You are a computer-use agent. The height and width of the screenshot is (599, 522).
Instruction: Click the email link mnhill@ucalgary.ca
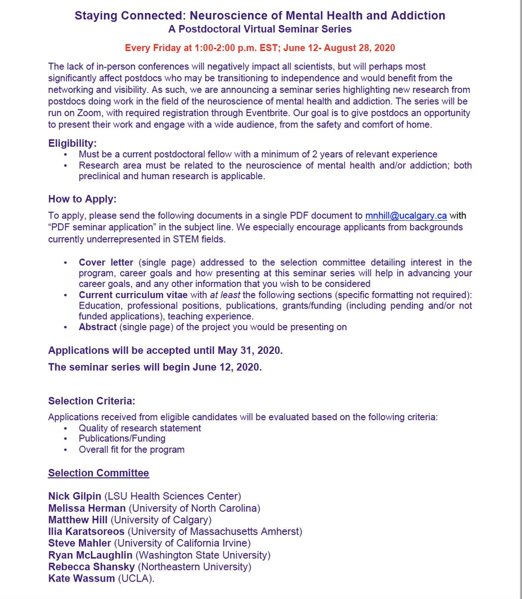[x=406, y=216]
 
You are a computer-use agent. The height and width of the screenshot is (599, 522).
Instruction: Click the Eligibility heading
[x=73, y=143]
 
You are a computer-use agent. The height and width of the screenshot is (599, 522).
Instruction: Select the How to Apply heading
[x=82, y=199]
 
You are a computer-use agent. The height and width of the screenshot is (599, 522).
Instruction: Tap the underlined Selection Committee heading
[x=98, y=473]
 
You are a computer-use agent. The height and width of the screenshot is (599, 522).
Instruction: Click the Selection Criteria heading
[x=92, y=401]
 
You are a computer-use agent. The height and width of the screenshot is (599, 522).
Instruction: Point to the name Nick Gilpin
[x=75, y=496]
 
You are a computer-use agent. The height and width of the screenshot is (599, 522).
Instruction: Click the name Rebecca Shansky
[x=91, y=567]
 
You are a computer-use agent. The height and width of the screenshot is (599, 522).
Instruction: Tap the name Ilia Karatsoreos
[x=86, y=532]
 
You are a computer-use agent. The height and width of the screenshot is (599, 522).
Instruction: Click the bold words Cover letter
[x=106, y=263]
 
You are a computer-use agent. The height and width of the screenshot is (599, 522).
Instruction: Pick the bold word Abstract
[x=98, y=327]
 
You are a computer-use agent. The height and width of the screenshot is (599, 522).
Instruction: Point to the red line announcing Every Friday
[x=260, y=48]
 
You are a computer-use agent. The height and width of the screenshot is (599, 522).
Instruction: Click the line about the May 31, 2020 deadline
[x=165, y=350]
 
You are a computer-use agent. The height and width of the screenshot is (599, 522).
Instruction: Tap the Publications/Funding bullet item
[x=122, y=439]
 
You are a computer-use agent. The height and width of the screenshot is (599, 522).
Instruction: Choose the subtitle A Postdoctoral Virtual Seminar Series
[x=260, y=29]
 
